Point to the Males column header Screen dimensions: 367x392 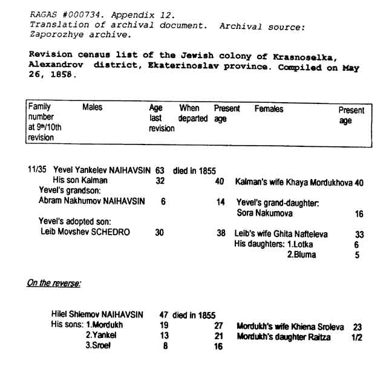[92, 108]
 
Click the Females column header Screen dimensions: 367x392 [269, 109]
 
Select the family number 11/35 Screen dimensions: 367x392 [37, 171]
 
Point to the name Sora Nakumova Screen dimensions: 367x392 [264, 213]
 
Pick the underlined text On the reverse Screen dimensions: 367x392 [53, 282]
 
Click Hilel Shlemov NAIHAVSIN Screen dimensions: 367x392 [97, 314]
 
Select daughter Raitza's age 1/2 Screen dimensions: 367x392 [356, 337]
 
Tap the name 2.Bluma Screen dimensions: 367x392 [301, 255]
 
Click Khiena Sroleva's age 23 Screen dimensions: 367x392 [357, 326]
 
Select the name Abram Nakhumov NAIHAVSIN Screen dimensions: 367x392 [92, 201]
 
